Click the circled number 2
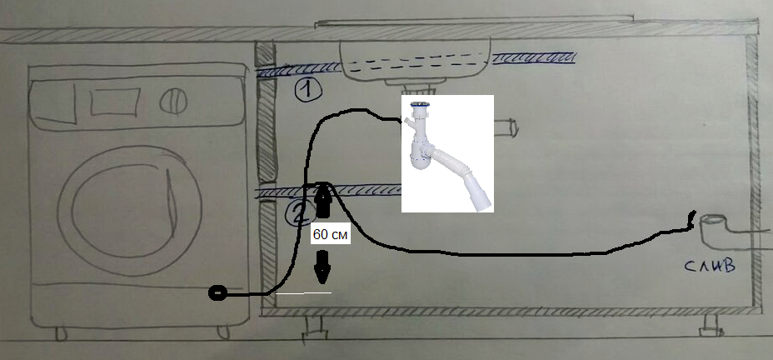click(x=299, y=213)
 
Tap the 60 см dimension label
click(x=331, y=235)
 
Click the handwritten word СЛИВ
click(x=710, y=267)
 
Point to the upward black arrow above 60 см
click(x=322, y=200)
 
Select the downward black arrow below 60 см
click(x=322, y=267)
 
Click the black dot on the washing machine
click(x=217, y=293)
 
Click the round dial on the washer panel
click(x=173, y=101)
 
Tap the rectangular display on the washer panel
click(x=115, y=102)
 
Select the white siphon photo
click(x=447, y=154)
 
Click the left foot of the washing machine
click(x=61, y=334)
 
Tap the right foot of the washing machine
click(x=224, y=332)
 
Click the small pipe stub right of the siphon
click(x=506, y=127)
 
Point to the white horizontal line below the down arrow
click(x=303, y=293)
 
